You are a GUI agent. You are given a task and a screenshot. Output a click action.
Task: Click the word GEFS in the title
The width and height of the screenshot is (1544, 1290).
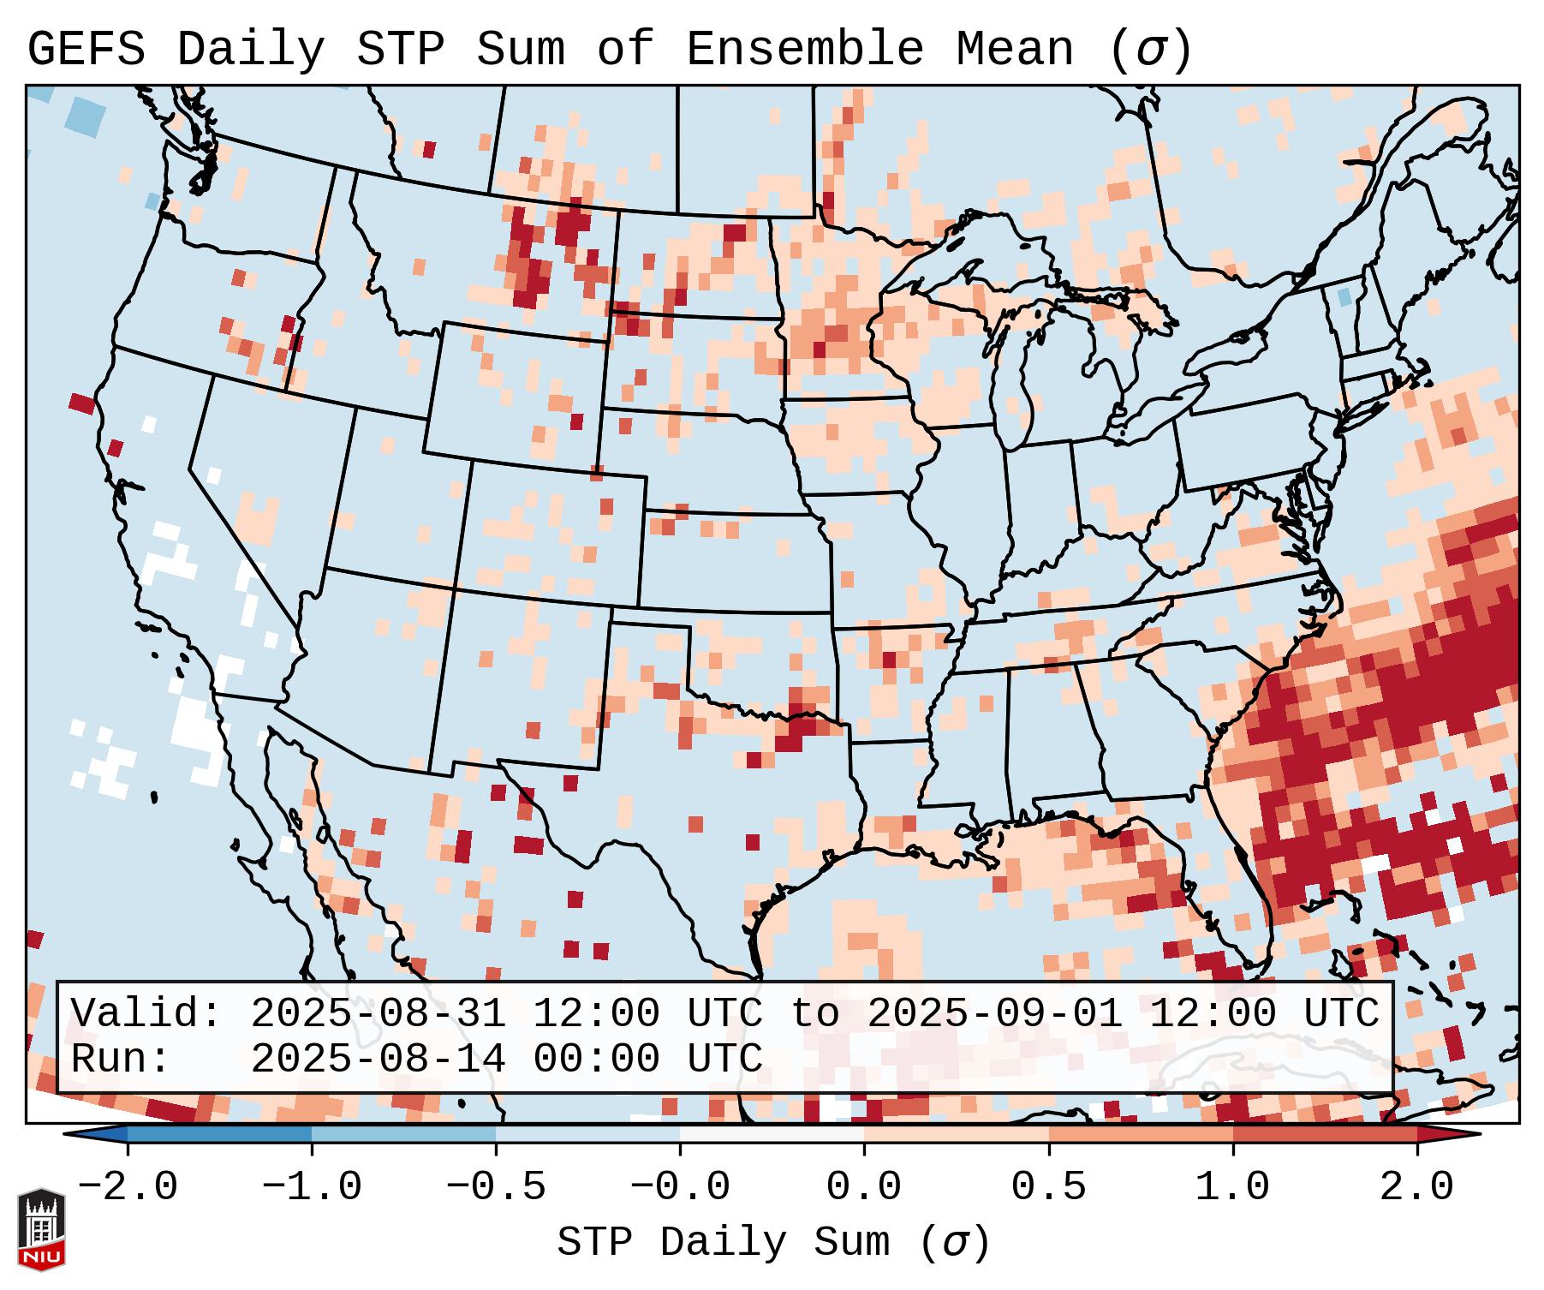[86, 50]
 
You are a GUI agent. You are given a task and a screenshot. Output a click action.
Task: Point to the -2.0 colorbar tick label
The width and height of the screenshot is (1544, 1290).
[128, 1187]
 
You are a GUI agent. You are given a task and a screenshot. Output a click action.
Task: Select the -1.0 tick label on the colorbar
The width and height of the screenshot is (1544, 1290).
[312, 1187]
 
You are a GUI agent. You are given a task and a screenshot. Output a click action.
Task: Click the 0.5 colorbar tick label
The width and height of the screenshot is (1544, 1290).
[1048, 1187]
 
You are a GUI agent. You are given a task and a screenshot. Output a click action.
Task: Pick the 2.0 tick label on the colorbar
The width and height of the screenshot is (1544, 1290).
[1416, 1187]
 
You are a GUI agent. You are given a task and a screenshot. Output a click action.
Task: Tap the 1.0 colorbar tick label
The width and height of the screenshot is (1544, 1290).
[1232, 1187]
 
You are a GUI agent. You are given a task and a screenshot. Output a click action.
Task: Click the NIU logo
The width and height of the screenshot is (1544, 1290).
[41, 1228]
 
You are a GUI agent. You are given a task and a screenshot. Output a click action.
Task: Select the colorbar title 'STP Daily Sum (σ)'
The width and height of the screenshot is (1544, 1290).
[773, 1242]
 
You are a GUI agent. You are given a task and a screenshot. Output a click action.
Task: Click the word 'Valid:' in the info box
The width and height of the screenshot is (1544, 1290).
[146, 1013]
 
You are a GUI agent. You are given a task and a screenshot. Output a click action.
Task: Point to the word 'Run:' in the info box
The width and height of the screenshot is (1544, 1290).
[120, 1059]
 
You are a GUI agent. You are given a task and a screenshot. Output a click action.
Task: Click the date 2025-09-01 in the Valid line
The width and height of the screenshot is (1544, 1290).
[994, 1013]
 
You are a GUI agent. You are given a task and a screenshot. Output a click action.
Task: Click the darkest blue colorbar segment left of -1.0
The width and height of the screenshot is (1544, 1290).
[219, 1134]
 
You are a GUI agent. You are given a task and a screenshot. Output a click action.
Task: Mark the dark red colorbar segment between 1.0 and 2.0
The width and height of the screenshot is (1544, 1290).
[1324, 1134]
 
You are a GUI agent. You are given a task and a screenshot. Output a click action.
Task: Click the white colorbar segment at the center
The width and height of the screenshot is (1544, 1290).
[772, 1134]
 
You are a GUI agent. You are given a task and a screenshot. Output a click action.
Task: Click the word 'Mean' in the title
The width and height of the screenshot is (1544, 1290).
[1014, 50]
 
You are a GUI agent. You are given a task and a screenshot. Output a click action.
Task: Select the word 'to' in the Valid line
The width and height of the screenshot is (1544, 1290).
[814, 1013]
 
